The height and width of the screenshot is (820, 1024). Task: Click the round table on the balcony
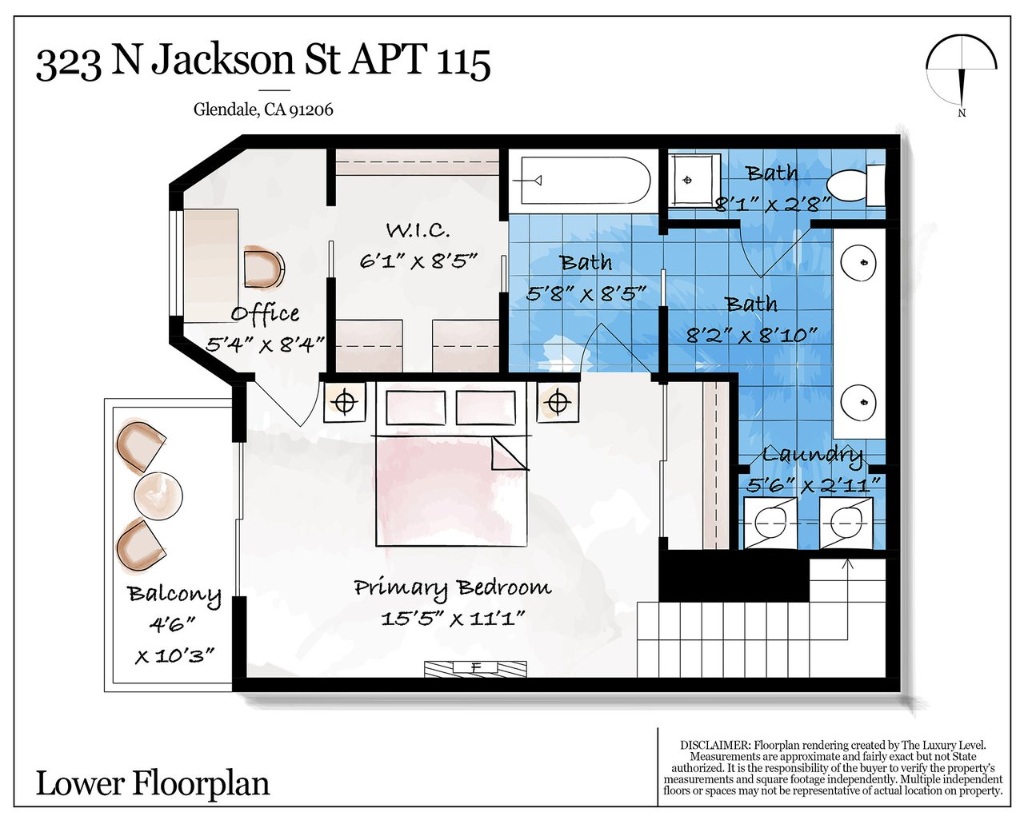[158, 496]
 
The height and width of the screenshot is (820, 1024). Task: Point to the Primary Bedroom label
[453, 587]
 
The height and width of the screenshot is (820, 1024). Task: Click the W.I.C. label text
[418, 230]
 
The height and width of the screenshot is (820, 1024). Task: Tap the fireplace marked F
[475, 668]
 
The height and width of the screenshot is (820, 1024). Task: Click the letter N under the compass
[962, 113]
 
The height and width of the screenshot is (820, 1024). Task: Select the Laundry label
[812, 456]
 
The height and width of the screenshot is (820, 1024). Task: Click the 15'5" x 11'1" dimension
[453, 619]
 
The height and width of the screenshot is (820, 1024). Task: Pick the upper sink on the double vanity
[858, 262]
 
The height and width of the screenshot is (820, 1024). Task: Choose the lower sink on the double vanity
[858, 402]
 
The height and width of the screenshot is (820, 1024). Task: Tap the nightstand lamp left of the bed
[345, 403]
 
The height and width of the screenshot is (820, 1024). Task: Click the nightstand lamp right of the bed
[558, 402]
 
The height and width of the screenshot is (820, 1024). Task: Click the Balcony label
[174, 595]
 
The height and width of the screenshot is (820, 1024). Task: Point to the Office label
[265, 314]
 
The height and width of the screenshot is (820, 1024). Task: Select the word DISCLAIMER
[715, 745]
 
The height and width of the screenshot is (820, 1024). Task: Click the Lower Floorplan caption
[153, 783]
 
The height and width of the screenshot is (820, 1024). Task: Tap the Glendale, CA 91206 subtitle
[263, 109]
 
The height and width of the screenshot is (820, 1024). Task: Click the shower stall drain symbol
[687, 180]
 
